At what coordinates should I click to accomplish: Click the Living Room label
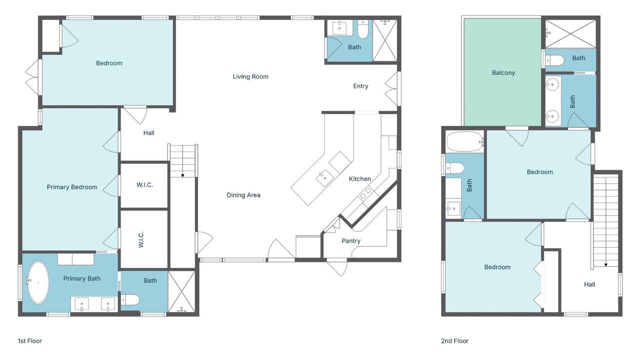click(x=250, y=76)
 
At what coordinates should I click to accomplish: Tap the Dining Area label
click(x=243, y=195)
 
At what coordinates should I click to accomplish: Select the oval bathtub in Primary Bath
click(x=37, y=282)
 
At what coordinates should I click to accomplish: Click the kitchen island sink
click(x=325, y=176)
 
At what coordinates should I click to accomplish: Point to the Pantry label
click(x=351, y=241)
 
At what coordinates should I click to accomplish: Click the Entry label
click(x=360, y=86)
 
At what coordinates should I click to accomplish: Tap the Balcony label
click(x=503, y=73)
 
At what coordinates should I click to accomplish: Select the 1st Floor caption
click(x=30, y=341)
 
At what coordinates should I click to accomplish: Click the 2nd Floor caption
click(x=454, y=341)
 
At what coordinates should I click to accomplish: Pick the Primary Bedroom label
click(x=72, y=187)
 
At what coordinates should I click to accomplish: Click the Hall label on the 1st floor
click(x=148, y=133)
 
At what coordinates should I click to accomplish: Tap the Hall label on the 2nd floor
click(x=589, y=284)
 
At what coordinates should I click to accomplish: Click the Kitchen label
click(x=359, y=179)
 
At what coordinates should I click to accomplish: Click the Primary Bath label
click(x=81, y=278)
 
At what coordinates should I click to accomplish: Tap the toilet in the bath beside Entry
click(x=363, y=31)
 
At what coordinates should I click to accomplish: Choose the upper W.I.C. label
click(x=144, y=185)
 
